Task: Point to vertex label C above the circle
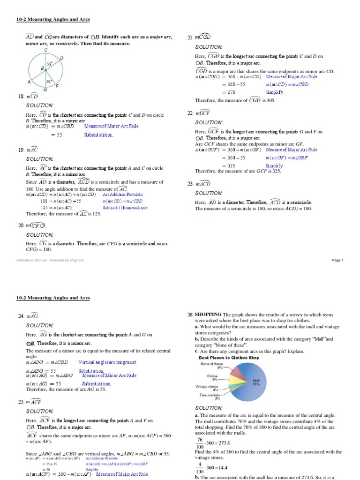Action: click(x=45, y=50)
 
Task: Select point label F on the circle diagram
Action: click(x=57, y=86)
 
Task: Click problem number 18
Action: click(x=21, y=97)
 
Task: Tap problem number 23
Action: click(x=190, y=184)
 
